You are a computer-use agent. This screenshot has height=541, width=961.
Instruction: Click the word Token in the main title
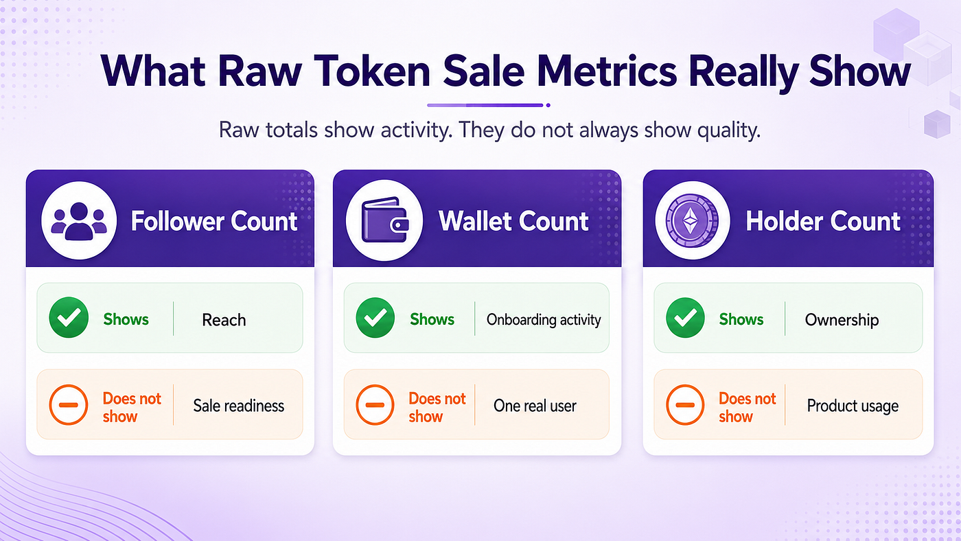point(372,71)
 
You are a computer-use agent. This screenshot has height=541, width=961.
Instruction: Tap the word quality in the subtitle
point(728,130)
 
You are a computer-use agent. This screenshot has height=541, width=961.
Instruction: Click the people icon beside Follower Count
point(79,220)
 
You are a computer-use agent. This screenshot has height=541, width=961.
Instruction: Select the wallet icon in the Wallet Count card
point(384,220)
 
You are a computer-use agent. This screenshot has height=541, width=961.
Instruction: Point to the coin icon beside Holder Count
point(692,220)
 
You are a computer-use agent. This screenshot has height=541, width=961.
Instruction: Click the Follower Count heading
point(214,221)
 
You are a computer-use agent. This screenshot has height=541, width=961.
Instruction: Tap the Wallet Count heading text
point(513,221)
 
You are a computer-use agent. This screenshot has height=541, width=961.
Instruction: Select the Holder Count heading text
point(823,221)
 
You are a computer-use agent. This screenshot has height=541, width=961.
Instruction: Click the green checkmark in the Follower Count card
point(69,317)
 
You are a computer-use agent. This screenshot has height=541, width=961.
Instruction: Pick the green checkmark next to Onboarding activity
point(375,317)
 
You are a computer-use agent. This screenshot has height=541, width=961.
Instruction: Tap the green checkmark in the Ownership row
point(685,317)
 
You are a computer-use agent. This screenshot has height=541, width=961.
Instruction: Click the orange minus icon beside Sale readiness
point(69,405)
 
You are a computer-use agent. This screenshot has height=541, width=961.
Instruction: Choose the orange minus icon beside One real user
point(375,405)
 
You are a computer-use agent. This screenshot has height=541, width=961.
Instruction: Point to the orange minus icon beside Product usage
point(685,405)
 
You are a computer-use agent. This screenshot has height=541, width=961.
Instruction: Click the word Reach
point(224,320)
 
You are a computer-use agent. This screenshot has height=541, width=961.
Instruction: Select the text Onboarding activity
point(544,320)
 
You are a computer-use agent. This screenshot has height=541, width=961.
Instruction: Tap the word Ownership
point(842,321)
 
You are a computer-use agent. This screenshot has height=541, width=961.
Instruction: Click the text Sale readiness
point(239,406)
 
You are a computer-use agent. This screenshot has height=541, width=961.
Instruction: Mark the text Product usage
point(853,406)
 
